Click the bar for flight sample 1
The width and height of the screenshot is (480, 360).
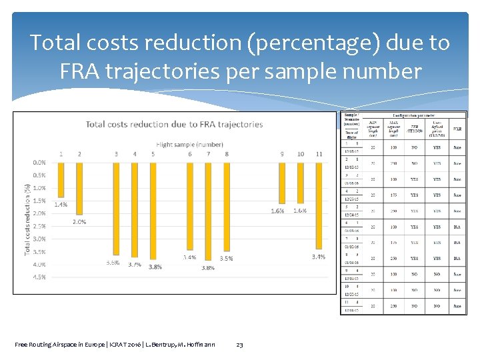coord(61,180)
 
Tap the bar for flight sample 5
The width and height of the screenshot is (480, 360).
coord(153,210)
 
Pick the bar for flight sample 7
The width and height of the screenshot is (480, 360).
coord(208,206)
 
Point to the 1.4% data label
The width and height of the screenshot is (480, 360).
coord(61,205)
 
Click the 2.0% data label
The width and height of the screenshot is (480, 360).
coord(79,221)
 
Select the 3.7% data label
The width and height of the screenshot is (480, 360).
coord(135,265)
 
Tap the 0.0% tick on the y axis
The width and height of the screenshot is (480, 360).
coord(39,162)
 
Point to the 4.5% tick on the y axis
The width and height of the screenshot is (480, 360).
coord(39,277)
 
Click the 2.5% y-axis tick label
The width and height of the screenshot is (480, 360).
coord(39,226)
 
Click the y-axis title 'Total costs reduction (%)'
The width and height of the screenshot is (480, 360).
coord(27,219)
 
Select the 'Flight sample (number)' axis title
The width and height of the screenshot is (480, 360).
coord(189,144)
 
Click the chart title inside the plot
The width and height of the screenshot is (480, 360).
coord(175,124)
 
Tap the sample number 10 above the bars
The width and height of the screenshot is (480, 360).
coord(301,154)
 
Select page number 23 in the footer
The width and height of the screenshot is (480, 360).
coord(240,345)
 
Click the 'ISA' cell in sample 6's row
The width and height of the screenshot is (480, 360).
coord(457,227)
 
